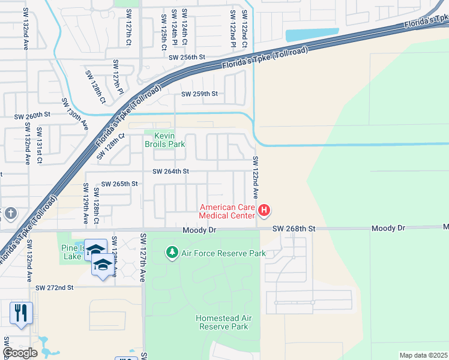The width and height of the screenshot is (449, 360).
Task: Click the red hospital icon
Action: point(264,211)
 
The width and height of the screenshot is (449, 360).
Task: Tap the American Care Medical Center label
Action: point(228,211)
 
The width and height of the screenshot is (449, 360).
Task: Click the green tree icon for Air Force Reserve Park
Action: point(172,253)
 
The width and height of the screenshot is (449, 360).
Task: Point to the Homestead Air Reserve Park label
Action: point(222,322)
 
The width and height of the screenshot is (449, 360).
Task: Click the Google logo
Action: point(20,353)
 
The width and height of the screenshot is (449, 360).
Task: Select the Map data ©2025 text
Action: point(423,355)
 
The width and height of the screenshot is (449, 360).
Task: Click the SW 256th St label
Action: point(187,57)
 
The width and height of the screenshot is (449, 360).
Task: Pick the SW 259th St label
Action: point(200,94)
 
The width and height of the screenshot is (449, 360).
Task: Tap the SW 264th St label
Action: point(170,171)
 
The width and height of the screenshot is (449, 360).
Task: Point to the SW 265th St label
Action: point(120,184)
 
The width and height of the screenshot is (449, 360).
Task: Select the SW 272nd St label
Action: point(54,288)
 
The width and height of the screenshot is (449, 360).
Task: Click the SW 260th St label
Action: point(32,114)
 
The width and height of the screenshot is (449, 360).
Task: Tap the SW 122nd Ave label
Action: point(255,178)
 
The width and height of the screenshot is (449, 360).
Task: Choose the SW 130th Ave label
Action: point(74,115)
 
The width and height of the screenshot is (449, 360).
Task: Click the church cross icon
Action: point(10,214)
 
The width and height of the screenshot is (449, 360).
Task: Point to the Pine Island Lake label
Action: point(71,251)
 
